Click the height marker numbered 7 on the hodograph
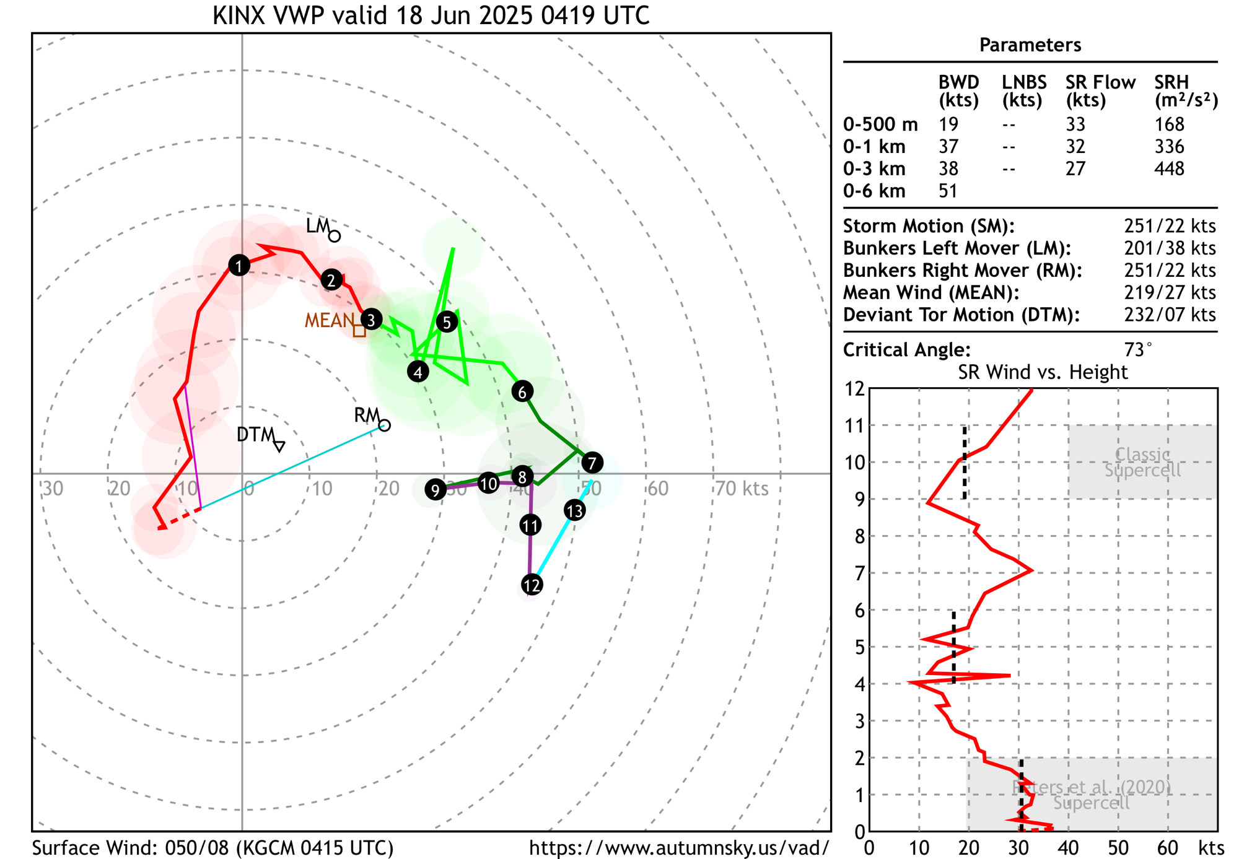[592, 462]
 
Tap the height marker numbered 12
[532, 585]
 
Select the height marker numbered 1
[239, 266]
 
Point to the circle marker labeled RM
[385, 425]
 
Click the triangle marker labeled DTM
[279, 445]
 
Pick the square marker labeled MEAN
[359, 331]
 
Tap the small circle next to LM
[335, 236]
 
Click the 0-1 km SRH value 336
[1169, 147]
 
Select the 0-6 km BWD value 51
[948, 191]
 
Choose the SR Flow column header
[1100, 90]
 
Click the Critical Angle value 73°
[1137, 350]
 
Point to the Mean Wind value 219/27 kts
[1170, 292]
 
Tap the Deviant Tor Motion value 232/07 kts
[1170, 315]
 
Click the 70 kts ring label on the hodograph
[742, 489]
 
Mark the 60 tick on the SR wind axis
[1168, 847]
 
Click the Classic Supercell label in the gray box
[1142, 463]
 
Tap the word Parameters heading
[1030, 45]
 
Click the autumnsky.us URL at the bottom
[679, 847]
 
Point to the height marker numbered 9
[436, 490]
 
